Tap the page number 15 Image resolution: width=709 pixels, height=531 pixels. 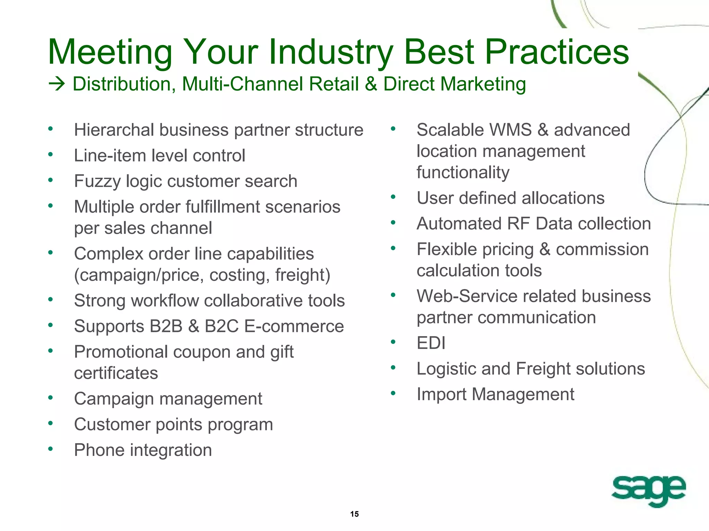coord(354,514)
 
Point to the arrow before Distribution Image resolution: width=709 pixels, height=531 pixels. coord(57,84)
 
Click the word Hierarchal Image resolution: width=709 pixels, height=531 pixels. coord(114,130)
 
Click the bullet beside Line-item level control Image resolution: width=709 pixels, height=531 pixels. coord(51,155)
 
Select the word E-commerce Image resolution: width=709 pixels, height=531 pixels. coord(294,326)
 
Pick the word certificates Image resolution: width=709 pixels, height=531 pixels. coord(116,373)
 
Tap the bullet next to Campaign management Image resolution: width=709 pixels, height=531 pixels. coord(51,398)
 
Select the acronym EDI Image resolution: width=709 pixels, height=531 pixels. coord(431,343)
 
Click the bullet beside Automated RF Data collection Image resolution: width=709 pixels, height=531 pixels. coord(393,223)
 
